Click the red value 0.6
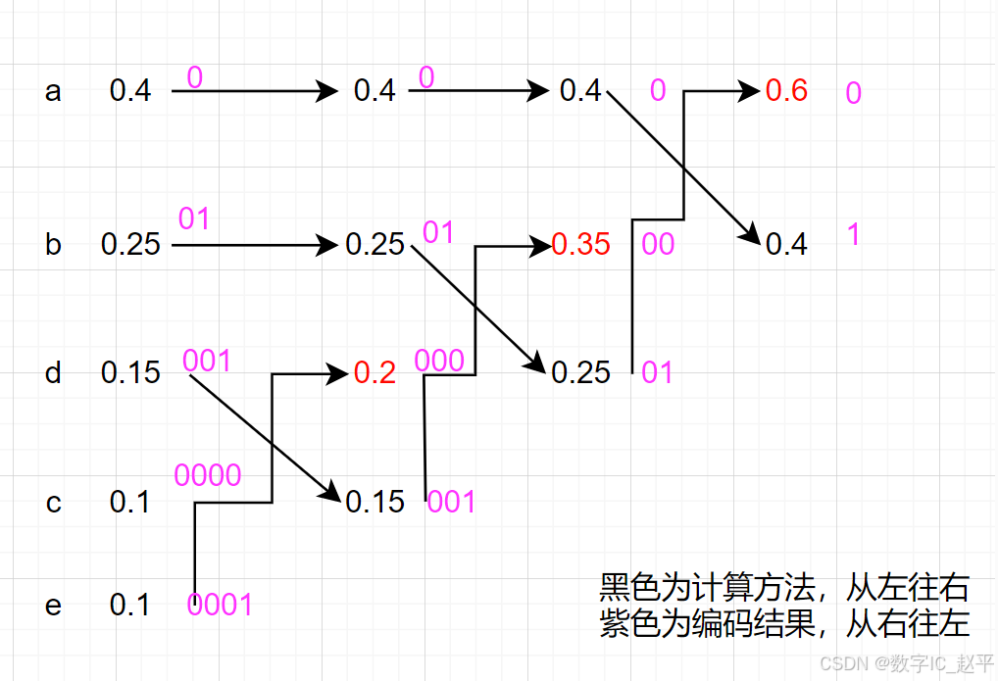coord(786,91)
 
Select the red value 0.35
coord(580,244)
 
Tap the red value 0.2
coord(374,373)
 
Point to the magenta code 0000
coord(208,475)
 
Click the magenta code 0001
coord(220,605)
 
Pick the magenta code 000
coord(439,361)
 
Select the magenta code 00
coord(658,244)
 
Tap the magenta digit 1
coord(853,234)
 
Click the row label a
coord(53,92)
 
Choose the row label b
coord(53,244)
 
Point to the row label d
coord(53,373)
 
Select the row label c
coord(53,503)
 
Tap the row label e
coord(53,606)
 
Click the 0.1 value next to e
coord(130,606)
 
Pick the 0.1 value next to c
coord(130,503)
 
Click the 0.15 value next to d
coord(130,373)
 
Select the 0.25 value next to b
coord(130,244)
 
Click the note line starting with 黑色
coord(783,588)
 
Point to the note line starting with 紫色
coord(783,622)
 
